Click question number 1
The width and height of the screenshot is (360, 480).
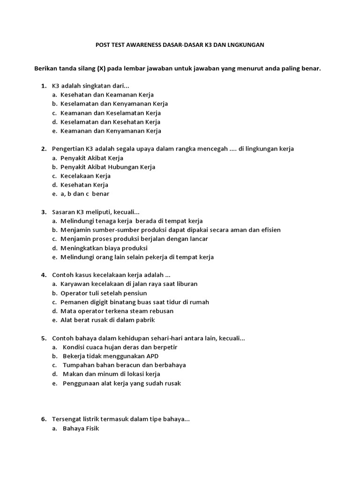tap(43, 86)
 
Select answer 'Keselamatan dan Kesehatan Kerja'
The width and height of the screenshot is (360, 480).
tap(110, 122)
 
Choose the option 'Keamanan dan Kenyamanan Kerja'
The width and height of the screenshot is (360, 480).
tap(111, 131)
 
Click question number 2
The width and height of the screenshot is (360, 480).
tap(43, 149)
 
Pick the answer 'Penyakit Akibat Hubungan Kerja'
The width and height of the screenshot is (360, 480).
tap(108, 167)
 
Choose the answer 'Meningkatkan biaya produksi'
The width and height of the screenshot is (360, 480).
tap(104, 248)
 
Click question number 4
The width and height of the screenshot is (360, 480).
tap(43, 275)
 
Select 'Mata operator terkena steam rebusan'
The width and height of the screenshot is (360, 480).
tap(117, 311)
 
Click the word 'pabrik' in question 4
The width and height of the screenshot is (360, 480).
tap(145, 320)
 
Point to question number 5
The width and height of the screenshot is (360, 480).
tap(43, 338)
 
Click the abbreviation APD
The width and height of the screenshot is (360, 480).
tap(151, 356)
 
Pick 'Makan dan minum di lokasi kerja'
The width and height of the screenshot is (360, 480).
tap(111, 374)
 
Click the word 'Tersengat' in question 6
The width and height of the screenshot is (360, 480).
tap(66, 419)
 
